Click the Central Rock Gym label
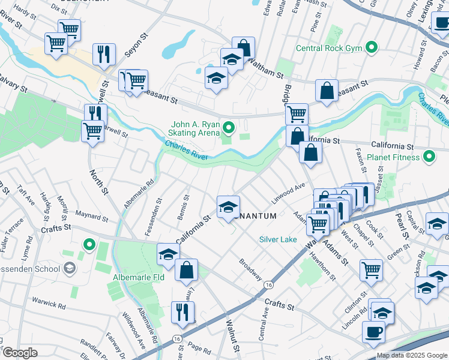(331, 47)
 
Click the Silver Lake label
(278, 239)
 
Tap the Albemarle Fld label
(139, 278)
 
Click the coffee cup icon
(373, 331)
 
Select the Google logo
(20, 353)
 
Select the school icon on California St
(228, 206)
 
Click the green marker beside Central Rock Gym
(372, 47)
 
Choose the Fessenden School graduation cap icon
(70, 268)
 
